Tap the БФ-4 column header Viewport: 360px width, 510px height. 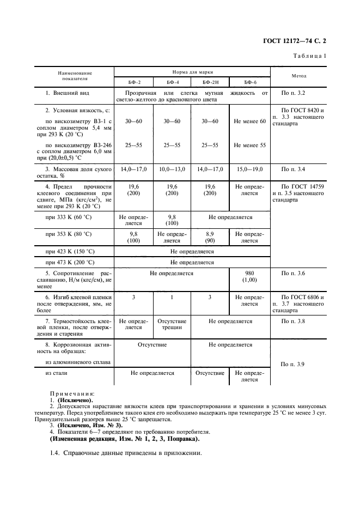172,82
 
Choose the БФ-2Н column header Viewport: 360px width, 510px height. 210,82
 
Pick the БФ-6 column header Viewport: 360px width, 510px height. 249,82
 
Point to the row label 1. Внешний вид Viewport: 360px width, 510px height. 67,94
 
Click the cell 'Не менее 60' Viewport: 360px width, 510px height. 249,121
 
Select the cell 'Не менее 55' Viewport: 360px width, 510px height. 249,145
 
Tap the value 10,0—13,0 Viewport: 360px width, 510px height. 172,169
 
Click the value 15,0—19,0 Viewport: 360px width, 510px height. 249,169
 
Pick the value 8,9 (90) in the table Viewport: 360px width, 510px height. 210,237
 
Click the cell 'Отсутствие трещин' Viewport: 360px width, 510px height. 172,324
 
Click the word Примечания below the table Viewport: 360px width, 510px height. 72,393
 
